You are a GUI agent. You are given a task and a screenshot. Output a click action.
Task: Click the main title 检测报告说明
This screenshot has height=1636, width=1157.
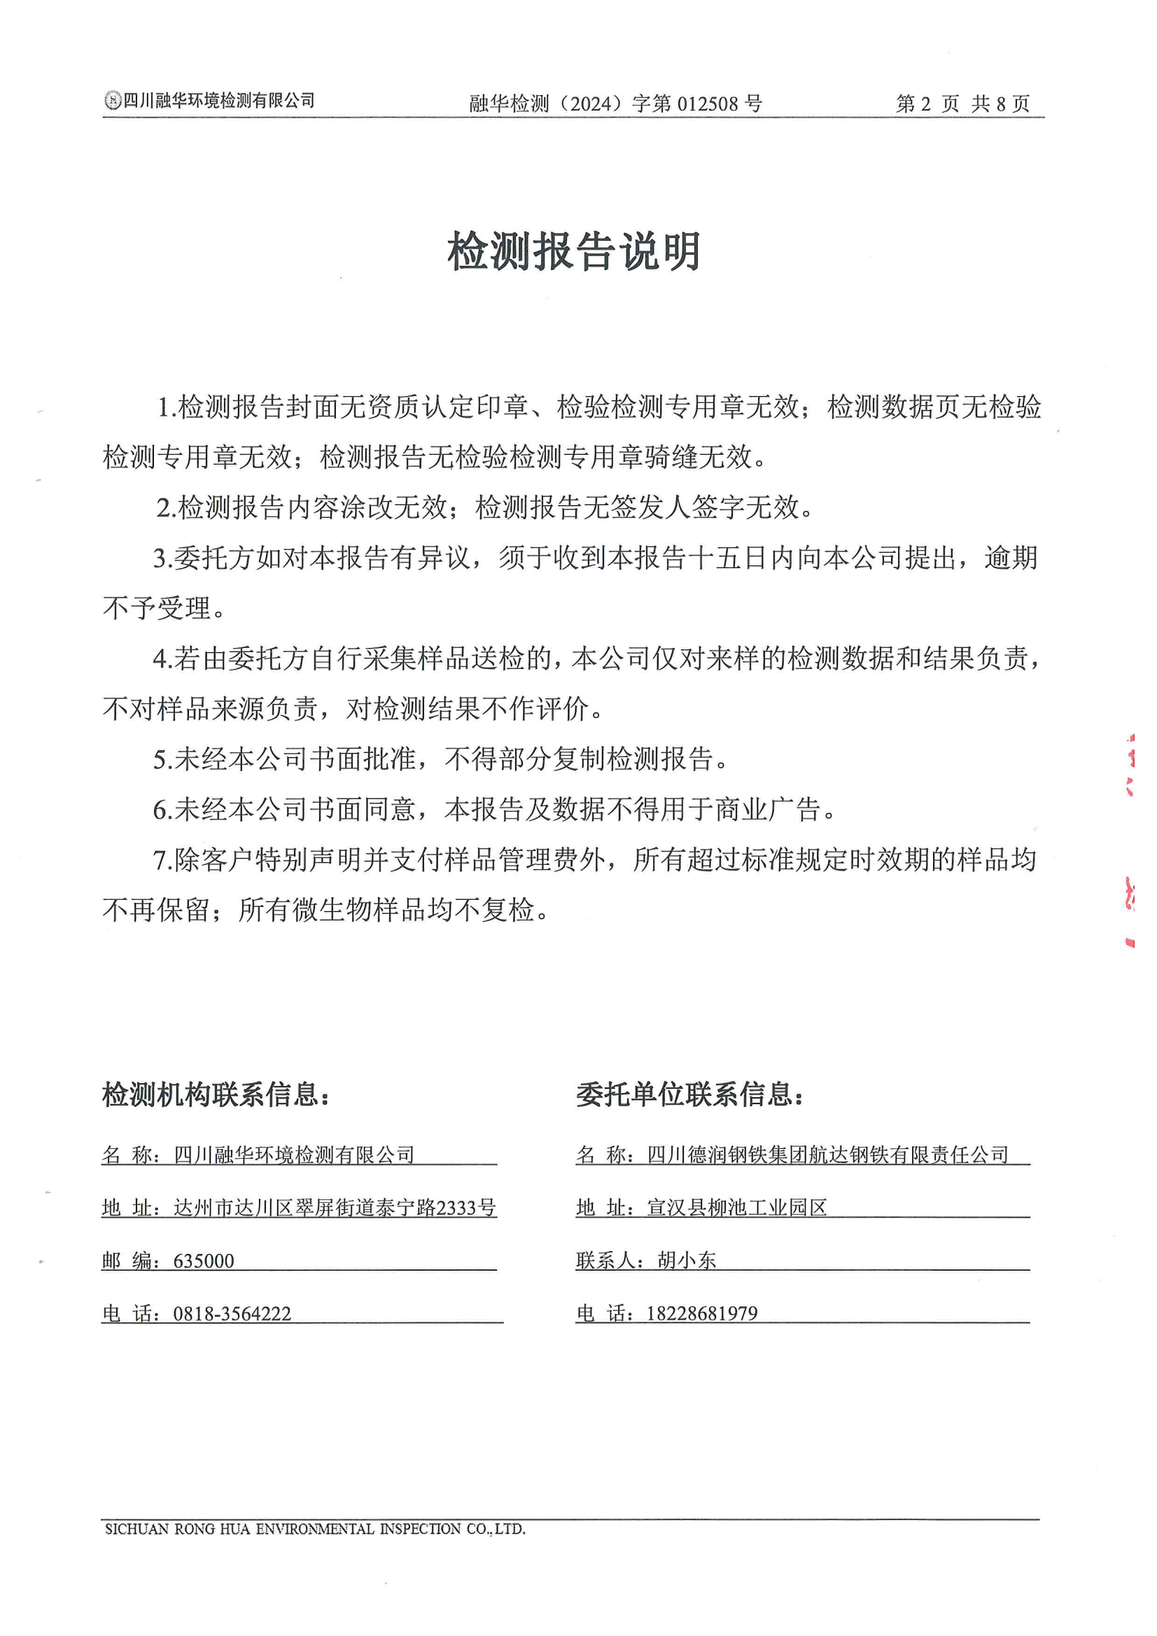click(x=574, y=251)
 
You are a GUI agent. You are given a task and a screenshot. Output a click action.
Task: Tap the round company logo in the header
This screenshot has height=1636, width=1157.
click(x=113, y=101)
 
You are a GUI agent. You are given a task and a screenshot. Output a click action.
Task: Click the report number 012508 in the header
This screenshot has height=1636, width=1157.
click(x=707, y=104)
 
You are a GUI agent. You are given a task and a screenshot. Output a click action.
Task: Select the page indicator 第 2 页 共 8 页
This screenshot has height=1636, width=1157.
click(x=962, y=104)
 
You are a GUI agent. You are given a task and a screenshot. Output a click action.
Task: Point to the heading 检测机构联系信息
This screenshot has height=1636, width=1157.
click(x=216, y=1094)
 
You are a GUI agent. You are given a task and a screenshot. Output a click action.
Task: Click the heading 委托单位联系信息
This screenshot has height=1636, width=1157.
click(x=690, y=1094)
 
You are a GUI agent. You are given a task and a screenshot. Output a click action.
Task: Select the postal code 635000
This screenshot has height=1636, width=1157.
click(x=204, y=1261)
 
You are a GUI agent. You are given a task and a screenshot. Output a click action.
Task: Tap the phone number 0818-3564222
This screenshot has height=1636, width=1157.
click(x=232, y=1314)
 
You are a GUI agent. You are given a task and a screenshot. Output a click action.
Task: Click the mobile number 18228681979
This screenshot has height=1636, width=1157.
click(x=702, y=1313)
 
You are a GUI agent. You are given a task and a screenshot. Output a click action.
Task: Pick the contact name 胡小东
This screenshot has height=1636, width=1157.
click(x=687, y=1260)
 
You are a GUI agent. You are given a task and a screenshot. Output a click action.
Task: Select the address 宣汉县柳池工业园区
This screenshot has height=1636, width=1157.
click(x=736, y=1208)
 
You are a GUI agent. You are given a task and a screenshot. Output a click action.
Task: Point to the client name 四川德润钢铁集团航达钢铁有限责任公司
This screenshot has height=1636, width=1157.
click(x=827, y=1155)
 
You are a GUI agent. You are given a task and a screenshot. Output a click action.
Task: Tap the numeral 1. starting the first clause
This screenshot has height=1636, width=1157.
click(x=166, y=407)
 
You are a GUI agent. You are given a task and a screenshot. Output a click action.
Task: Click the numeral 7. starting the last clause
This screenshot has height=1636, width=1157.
click(x=162, y=860)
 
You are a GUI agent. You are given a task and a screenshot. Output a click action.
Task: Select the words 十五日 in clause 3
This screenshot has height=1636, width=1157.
click(x=729, y=558)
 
